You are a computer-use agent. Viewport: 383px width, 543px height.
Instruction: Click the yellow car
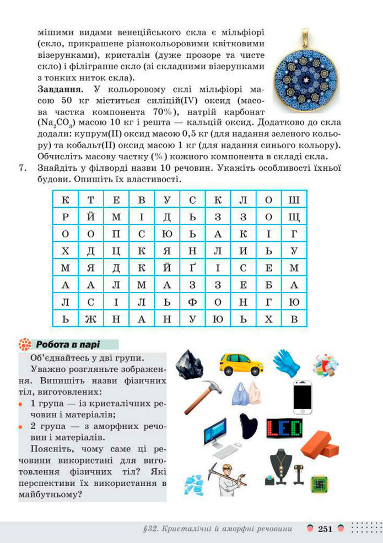(241, 363)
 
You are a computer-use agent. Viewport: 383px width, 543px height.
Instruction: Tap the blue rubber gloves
(286, 362)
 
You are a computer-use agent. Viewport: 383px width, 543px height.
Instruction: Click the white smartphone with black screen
(302, 397)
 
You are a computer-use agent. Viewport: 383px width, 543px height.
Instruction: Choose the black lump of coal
(188, 363)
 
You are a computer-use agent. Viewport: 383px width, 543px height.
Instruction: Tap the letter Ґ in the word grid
(192, 268)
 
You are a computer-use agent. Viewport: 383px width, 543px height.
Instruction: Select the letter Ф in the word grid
(192, 302)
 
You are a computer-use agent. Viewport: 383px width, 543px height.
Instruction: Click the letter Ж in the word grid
(91, 318)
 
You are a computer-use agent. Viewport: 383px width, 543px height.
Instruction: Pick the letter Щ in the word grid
(294, 218)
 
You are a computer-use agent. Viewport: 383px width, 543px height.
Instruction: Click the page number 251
(325, 529)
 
